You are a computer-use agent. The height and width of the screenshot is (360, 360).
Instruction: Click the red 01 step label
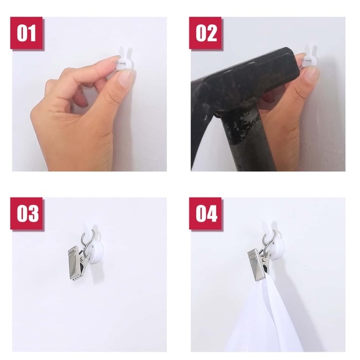pos(27,33)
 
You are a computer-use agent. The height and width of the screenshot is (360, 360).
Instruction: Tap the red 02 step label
pos(205,33)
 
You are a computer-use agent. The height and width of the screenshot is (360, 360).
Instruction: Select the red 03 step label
pos(27,214)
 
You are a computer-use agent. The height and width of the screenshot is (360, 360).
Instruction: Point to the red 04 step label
pos(205,214)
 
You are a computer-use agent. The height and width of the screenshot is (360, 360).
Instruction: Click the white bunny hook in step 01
pos(125,59)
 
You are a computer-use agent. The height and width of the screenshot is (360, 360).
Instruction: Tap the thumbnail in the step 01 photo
pos(125,78)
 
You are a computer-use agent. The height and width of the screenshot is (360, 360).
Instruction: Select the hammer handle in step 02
pos(247,140)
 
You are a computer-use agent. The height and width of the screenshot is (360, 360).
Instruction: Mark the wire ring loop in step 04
pos(268,244)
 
